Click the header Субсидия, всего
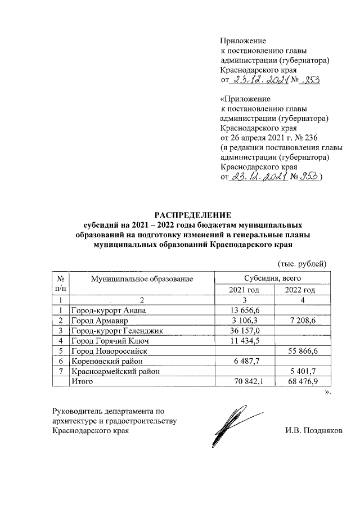273,278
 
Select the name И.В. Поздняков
313,431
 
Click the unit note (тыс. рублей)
302,263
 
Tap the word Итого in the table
82,381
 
